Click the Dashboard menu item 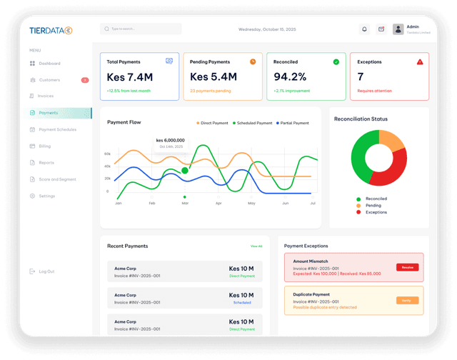pos(49,64)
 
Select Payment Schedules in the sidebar pos(57,129)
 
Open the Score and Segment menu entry pos(57,179)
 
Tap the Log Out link pos(46,271)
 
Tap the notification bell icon pos(364,29)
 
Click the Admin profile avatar pos(398,29)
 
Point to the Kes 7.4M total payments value pos(129,77)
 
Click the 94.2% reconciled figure pos(290,77)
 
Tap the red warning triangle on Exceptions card pos(420,62)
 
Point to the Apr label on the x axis pos(219,204)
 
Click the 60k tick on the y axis pos(107,154)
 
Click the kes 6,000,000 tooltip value pos(170,140)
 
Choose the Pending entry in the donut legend pos(373,206)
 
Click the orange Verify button pos(407,300)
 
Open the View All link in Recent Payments pos(256,246)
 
